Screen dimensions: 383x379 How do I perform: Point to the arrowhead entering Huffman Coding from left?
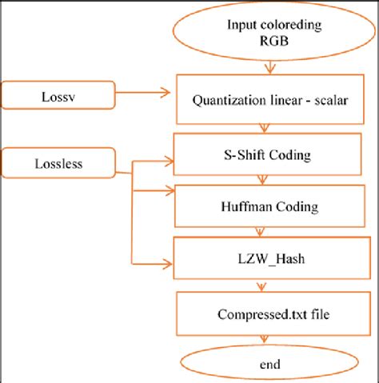pos(169,190)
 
